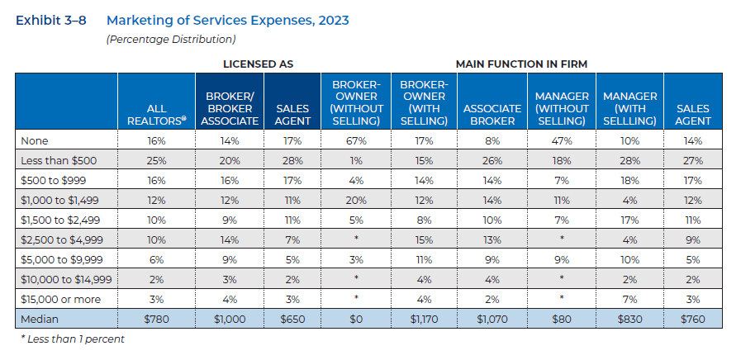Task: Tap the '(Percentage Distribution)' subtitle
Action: [x=171, y=39]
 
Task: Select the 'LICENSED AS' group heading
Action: [x=258, y=64]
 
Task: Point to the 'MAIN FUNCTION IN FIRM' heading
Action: [x=521, y=64]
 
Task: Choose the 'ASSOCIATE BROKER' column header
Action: [x=492, y=115]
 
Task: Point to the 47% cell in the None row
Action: [x=562, y=141]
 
